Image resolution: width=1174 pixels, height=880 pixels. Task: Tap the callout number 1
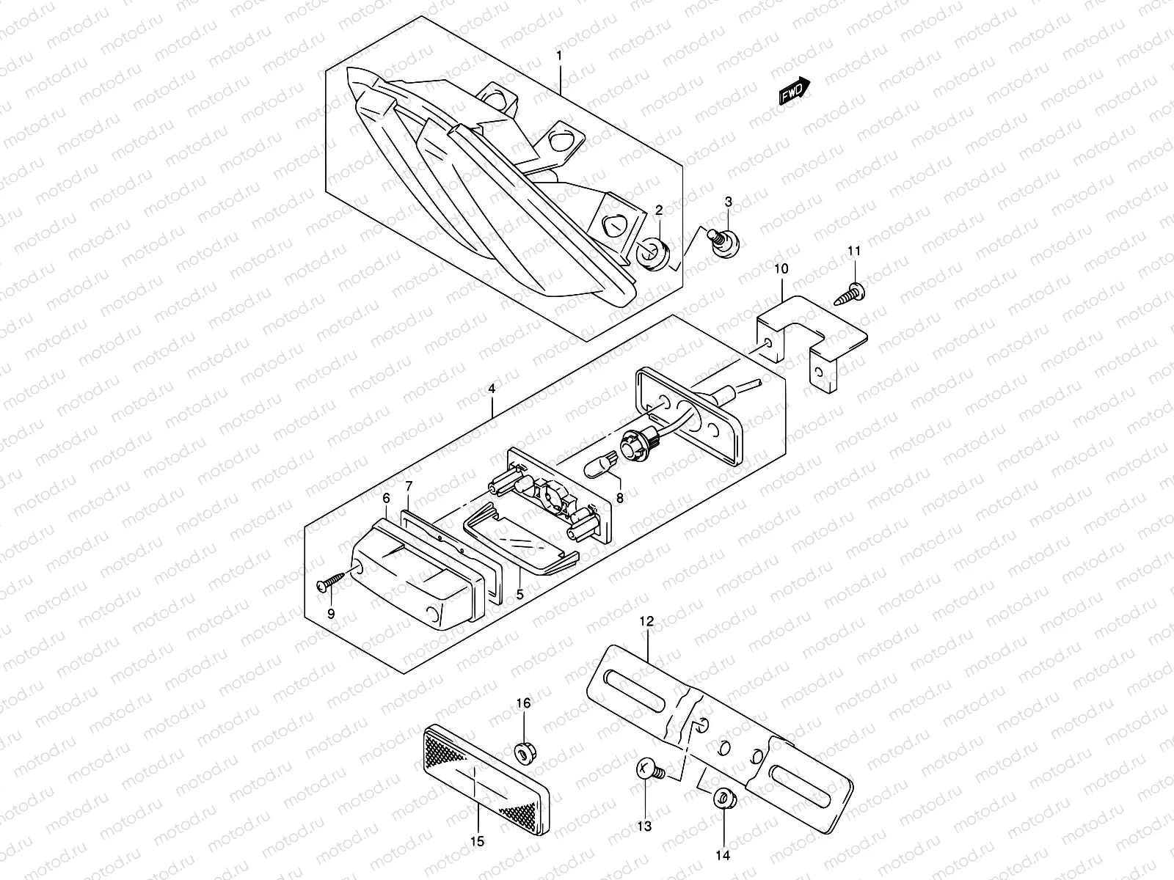[559, 56]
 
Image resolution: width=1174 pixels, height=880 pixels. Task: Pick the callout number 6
[385, 498]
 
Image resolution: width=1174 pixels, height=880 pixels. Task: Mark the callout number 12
[646, 621]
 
